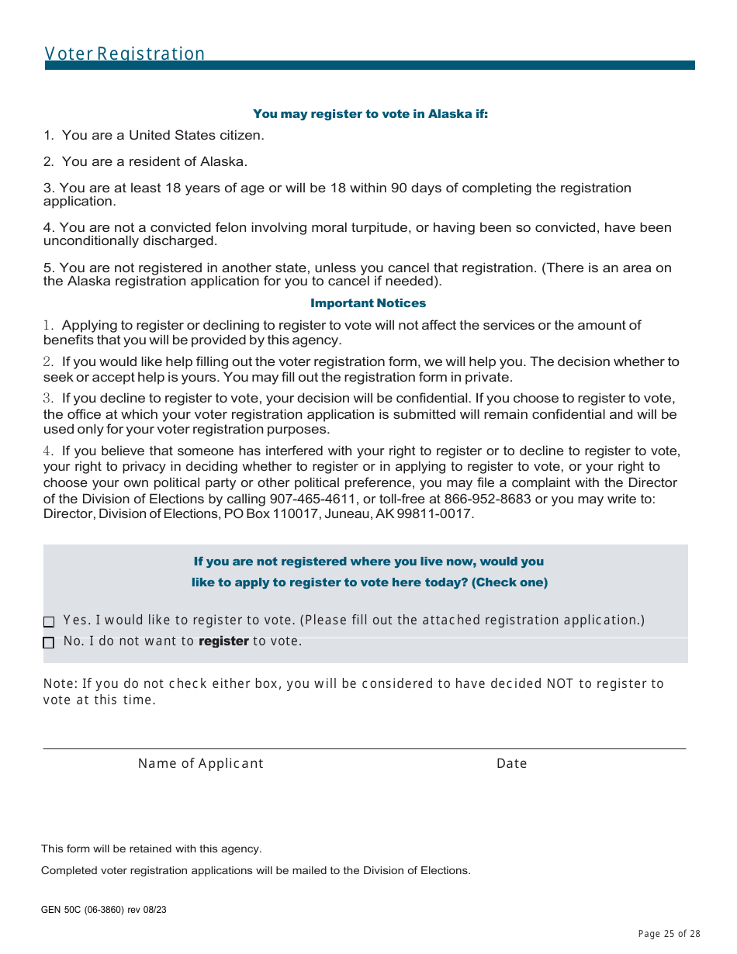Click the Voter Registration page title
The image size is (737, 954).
click(125, 54)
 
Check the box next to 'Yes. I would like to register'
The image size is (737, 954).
click(49, 622)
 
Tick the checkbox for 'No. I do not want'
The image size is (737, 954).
click(49, 643)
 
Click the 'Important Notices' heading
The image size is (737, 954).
click(368, 303)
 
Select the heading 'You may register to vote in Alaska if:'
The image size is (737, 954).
click(370, 114)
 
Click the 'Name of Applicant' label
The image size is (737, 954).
click(200, 763)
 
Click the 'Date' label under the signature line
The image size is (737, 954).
click(511, 763)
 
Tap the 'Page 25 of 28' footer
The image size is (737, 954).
click(669, 934)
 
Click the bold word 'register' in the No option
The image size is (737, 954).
click(223, 641)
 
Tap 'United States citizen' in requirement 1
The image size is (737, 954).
click(196, 135)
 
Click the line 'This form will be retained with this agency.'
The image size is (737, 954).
click(151, 849)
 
